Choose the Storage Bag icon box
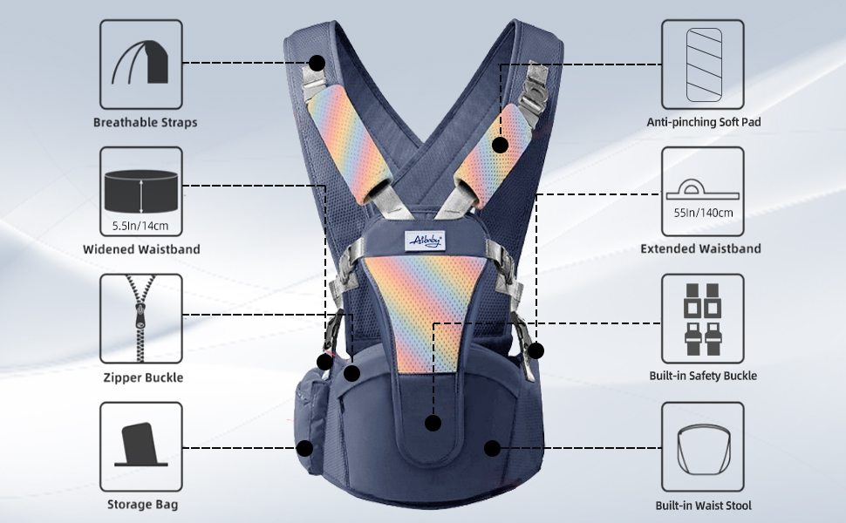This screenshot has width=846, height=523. [x=140, y=445]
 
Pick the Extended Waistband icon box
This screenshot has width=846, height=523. [x=702, y=189]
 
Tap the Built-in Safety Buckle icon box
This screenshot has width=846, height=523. [x=702, y=317]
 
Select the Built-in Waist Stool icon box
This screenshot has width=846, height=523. [x=702, y=445]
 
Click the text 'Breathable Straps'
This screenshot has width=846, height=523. [x=146, y=123]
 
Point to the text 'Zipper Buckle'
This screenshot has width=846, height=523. [x=143, y=377]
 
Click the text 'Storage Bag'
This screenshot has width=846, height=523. [x=142, y=505]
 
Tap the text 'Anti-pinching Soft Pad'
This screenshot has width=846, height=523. [x=703, y=123]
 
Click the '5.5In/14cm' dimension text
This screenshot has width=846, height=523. [x=140, y=226]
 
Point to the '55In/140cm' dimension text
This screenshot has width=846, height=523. [x=703, y=212]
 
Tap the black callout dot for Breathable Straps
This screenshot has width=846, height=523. [x=317, y=63]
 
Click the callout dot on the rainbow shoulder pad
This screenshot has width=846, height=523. [x=500, y=145]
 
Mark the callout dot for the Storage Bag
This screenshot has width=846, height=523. [x=304, y=448]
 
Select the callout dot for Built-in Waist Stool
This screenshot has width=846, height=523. [x=492, y=448]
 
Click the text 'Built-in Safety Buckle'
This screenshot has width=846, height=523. [x=703, y=376]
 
